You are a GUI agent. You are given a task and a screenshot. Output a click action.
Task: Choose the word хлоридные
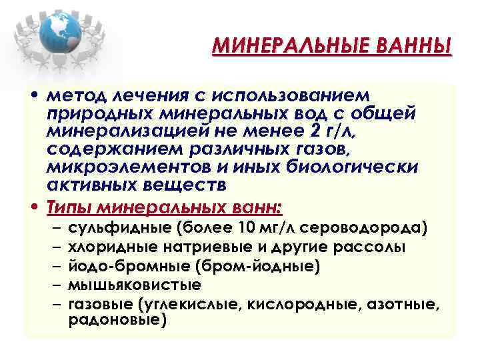coord(113,247)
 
